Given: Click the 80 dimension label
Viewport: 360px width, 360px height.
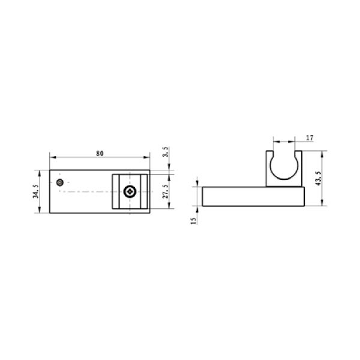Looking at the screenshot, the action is coord(100,154).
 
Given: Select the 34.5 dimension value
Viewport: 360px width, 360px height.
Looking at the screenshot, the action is coord(36,191).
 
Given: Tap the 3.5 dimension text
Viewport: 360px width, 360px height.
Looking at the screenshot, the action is coord(166,152).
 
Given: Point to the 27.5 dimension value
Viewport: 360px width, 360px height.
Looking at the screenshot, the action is coord(166,191).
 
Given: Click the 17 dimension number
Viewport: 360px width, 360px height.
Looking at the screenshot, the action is coord(310,138).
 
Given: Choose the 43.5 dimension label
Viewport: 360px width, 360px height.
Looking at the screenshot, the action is coord(318,178).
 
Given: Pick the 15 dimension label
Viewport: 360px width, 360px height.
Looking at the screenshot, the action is coord(194,221).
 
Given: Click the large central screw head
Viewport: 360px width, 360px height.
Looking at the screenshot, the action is coord(130,191).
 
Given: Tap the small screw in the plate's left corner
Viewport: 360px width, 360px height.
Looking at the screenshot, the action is coord(60,182).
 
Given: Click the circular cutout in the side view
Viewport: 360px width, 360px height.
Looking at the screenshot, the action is coord(284,179).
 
